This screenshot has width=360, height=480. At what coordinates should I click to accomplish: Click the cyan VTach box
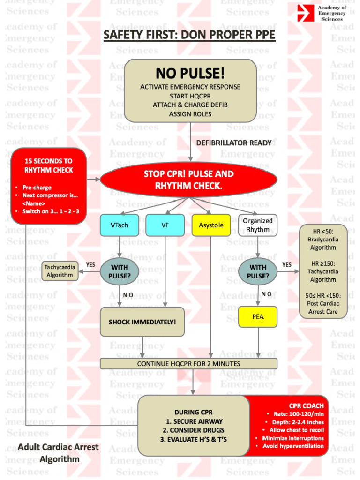pyautogui.click(x=119, y=225)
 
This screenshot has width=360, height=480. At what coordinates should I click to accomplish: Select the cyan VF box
pyautogui.click(x=165, y=225)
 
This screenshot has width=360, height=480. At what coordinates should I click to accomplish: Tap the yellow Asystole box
pyautogui.click(x=211, y=225)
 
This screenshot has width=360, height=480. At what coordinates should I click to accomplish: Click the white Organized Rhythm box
pyautogui.click(x=258, y=225)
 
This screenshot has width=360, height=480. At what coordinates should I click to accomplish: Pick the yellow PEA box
pyautogui.click(x=258, y=317)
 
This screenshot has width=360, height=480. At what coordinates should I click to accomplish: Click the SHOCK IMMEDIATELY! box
pyautogui.click(x=142, y=322)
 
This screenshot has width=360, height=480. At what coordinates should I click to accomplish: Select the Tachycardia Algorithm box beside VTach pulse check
pyautogui.click(x=60, y=271)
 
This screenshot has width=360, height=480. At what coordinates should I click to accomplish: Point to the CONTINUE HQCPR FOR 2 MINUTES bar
pyautogui.click(x=188, y=364)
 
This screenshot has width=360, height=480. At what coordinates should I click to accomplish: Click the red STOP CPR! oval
pyautogui.click(x=188, y=180)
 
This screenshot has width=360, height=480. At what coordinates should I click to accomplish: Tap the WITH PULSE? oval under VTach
pyautogui.click(x=119, y=271)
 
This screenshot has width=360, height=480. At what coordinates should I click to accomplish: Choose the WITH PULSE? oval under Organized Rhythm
pyautogui.click(x=258, y=271)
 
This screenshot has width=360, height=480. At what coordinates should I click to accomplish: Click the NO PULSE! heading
pyautogui.click(x=190, y=74)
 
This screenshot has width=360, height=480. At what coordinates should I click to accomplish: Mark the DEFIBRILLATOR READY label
pyautogui.click(x=234, y=142)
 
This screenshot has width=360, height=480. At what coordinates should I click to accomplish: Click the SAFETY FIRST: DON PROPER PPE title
pyautogui.click(x=189, y=35)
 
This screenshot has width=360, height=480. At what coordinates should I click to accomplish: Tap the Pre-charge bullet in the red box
pyautogui.click(x=37, y=187)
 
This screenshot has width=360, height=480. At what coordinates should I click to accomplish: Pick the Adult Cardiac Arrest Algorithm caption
pyautogui.click(x=59, y=453)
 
